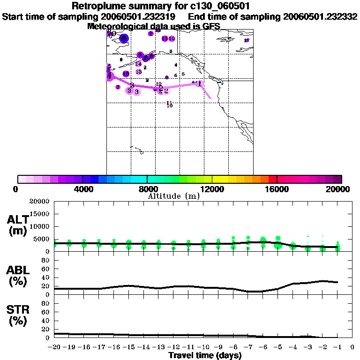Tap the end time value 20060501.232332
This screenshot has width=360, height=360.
(320, 17)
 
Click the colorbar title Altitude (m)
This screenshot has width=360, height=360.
(173, 196)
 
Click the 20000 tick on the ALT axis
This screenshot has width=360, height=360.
(42, 202)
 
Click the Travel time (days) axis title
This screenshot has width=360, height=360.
(205, 355)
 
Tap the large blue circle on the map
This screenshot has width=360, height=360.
(124, 38)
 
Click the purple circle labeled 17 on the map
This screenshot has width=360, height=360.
(247, 40)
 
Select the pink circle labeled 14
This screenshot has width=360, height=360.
(138, 64)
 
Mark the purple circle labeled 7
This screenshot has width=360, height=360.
(151, 34)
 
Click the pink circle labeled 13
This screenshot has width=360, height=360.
(139, 72)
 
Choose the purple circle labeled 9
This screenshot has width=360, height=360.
(140, 55)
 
